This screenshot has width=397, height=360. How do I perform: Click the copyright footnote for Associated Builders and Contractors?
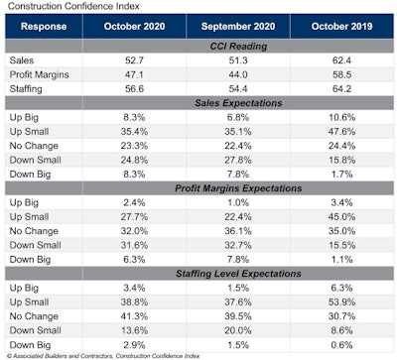coord(99,355)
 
